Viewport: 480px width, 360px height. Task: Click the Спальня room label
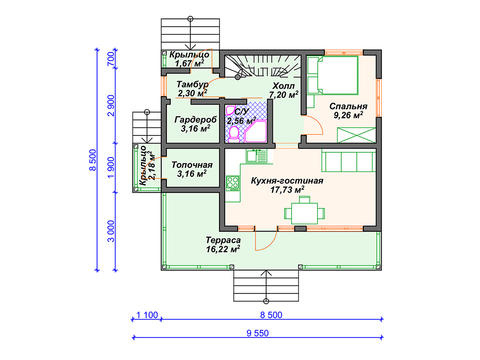tap(348, 106)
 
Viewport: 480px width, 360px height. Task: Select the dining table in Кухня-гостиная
tap(304, 213)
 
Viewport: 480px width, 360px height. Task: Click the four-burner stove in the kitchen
tap(232, 183)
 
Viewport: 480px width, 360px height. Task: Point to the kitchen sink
tap(256, 156)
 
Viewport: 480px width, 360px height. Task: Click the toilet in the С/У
tap(234, 135)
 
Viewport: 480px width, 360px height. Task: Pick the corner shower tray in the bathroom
tap(255, 131)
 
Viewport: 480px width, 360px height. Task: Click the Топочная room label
tap(192, 165)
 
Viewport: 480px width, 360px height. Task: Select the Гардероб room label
tap(195, 120)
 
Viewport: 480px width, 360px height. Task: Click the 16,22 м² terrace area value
tap(223, 249)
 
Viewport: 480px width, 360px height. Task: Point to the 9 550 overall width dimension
tap(258, 333)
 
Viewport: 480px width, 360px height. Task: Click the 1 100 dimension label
tap(147, 315)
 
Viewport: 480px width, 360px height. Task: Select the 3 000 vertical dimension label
tap(111, 231)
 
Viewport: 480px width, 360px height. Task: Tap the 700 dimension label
tap(111, 59)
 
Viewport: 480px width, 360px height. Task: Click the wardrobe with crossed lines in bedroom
tap(356, 135)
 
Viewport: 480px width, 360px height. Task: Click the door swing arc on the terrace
tap(270, 245)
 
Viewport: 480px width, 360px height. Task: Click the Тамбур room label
tap(192, 84)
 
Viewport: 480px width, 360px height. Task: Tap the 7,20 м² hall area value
tap(284, 95)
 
